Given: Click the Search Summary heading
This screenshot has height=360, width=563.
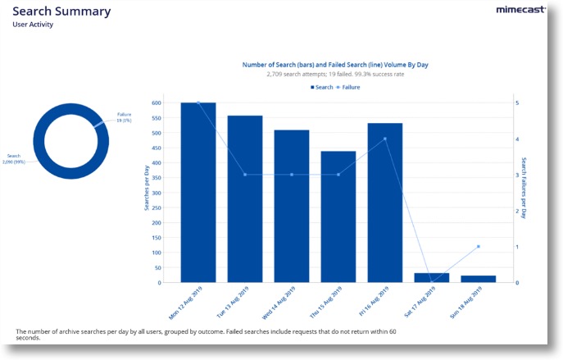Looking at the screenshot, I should pos(61,11).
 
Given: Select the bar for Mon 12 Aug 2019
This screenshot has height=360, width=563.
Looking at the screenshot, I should pos(198,193).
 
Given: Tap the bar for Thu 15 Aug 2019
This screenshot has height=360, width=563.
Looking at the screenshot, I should pos(338,216).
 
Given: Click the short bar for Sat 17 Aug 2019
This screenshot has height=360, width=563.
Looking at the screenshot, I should pos(432,278).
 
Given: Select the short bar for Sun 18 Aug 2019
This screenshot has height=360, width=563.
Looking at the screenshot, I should pos(479,279).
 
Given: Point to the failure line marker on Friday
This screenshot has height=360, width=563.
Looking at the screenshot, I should pos(385,139).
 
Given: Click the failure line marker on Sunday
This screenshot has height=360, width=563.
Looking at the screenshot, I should pos(479,246).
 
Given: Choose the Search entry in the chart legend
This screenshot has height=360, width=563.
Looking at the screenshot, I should pos(322,86).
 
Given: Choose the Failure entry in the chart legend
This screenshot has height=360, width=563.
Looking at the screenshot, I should pos(348,86).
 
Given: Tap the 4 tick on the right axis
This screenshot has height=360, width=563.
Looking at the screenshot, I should pos(516,139).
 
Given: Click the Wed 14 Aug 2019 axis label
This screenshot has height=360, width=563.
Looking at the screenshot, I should pos(281,303).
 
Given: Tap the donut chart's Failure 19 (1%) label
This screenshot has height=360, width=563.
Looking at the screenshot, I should pos(125,117).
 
